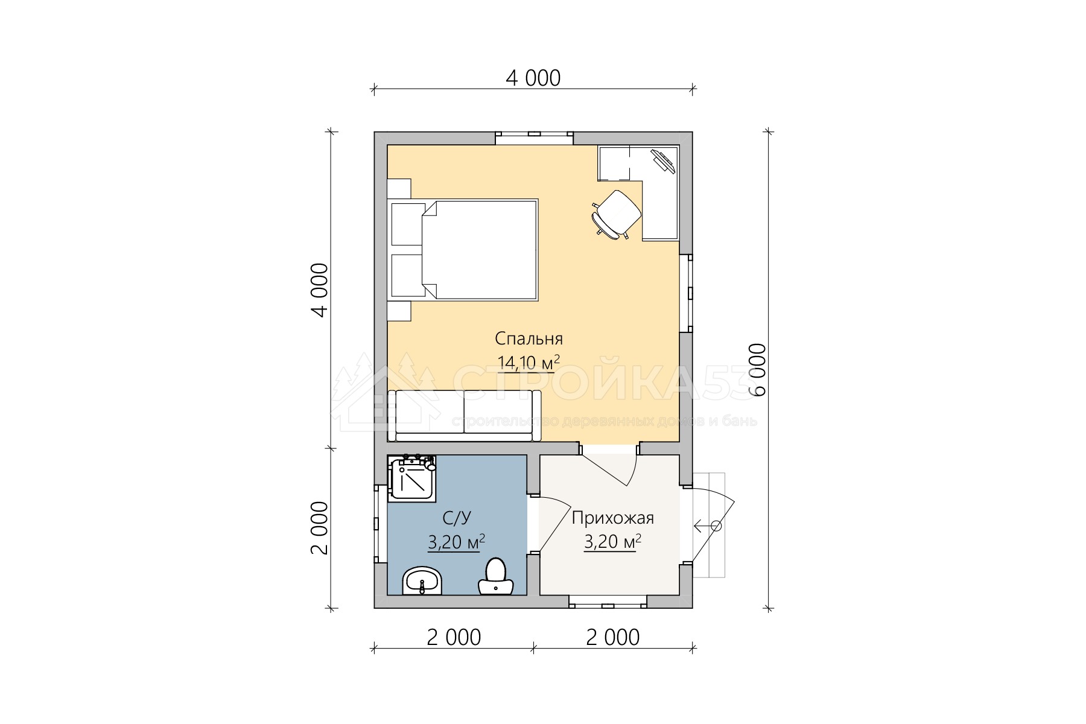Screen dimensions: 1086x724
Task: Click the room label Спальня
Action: (x=529, y=338)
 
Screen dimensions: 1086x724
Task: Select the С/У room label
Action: (x=456, y=518)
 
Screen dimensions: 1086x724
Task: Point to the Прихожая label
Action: (x=612, y=518)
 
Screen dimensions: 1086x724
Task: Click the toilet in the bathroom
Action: (x=495, y=577)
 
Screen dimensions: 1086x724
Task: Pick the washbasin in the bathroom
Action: (x=422, y=581)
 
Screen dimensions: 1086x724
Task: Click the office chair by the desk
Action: (x=616, y=214)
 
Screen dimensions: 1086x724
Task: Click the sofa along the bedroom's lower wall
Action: (x=465, y=416)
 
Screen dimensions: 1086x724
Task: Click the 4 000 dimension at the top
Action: (x=533, y=78)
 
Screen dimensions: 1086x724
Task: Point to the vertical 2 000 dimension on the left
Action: (x=319, y=528)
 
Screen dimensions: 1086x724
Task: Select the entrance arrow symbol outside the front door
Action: (x=707, y=526)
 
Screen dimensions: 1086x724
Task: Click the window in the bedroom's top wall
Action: (x=535, y=138)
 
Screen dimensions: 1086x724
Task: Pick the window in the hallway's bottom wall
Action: (x=608, y=601)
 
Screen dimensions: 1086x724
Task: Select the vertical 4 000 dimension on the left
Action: (x=319, y=290)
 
